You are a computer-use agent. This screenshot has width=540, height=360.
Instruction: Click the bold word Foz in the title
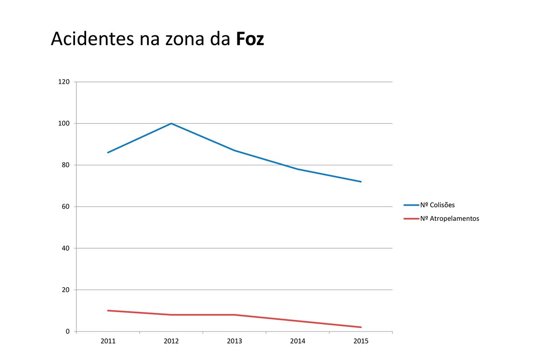(x=250, y=39)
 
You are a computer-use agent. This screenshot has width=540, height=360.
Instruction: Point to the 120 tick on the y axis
(x=64, y=82)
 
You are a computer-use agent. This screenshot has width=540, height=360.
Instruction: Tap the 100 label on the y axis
(x=64, y=123)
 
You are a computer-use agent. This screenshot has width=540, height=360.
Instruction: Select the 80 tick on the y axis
(x=66, y=165)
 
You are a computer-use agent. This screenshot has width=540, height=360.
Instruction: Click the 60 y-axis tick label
(x=66, y=207)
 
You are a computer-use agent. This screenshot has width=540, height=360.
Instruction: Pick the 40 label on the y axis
(x=66, y=248)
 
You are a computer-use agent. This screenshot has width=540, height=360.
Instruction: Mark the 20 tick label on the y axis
(x=66, y=290)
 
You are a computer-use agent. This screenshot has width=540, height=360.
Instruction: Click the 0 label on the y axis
(x=67, y=332)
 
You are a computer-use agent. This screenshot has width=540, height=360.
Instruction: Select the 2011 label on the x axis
(x=108, y=341)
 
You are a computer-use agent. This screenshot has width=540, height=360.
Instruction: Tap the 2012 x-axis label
(x=171, y=341)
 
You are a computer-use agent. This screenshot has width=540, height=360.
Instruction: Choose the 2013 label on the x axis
(x=234, y=341)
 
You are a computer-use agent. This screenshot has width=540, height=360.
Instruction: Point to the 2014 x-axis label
(x=297, y=341)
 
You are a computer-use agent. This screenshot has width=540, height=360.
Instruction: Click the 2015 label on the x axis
(x=361, y=341)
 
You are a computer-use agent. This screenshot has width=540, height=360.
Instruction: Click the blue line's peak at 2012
(x=171, y=123)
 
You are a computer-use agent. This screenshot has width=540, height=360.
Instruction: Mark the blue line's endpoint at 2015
(x=361, y=182)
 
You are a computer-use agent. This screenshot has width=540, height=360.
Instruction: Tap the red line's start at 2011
(x=108, y=311)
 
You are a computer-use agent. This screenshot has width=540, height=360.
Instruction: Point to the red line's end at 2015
(x=361, y=327)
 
